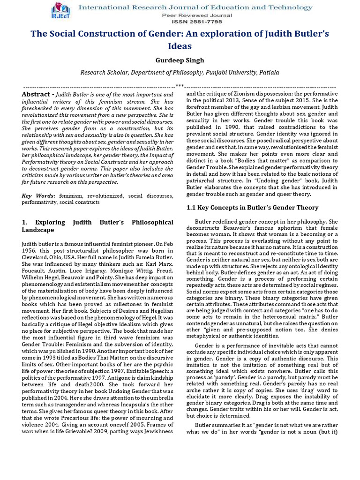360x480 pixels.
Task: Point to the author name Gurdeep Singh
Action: (x=180, y=60)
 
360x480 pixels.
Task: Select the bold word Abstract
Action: (x=36, y=94)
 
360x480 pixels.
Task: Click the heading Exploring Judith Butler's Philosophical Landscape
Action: (x=97, y=226)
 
